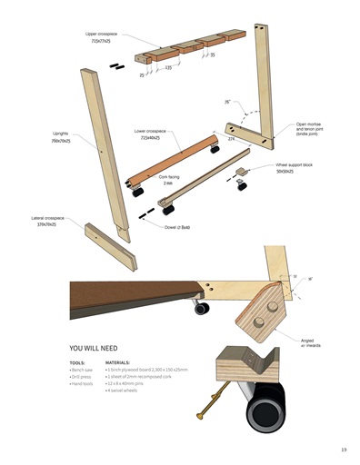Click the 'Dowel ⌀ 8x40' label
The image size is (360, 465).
178,227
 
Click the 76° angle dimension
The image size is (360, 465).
227,103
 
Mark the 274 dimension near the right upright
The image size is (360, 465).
231,140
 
